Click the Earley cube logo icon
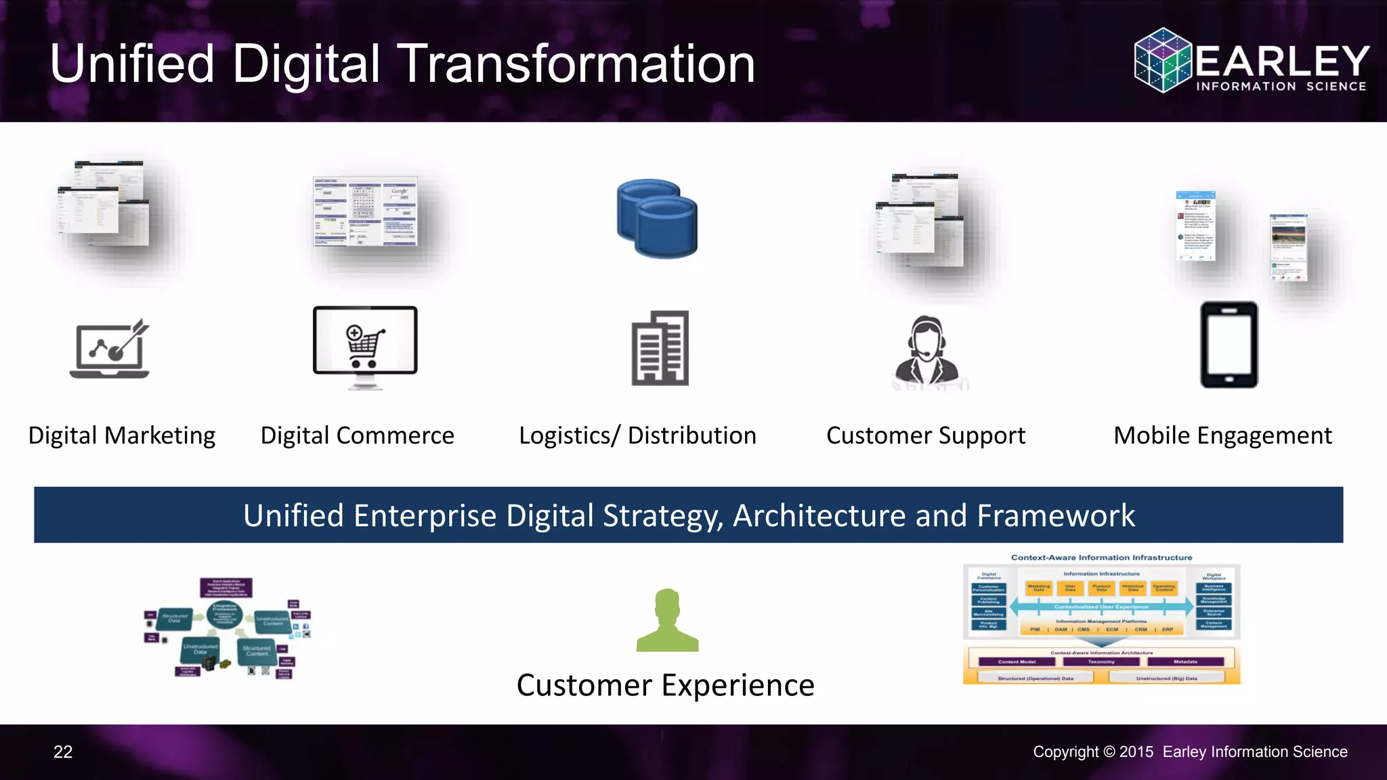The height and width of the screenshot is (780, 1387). coord(1163,60)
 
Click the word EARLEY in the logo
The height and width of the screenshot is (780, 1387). coord(1282,62)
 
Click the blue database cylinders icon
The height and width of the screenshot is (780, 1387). coord(657,218)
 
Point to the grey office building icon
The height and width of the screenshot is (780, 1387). coord(660,348)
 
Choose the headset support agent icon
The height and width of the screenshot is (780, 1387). coord(926,351)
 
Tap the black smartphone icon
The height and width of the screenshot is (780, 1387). coord(1229,345)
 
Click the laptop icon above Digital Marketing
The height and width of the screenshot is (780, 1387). coord(110,349)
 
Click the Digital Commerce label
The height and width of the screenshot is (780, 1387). coord(358,435)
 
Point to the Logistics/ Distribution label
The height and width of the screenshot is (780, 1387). coord(637,435)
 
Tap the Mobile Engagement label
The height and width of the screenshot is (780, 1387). coord(1222,435)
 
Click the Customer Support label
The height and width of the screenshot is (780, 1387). coord(926,435)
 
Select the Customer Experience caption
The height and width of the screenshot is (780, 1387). coord(665,685)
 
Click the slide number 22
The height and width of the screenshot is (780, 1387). coord(63,752)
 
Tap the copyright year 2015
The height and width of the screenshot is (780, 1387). coord(1136,752)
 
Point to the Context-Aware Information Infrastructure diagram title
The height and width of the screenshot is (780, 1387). coord(1101,558)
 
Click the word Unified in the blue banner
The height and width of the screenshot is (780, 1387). coord(294,516)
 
